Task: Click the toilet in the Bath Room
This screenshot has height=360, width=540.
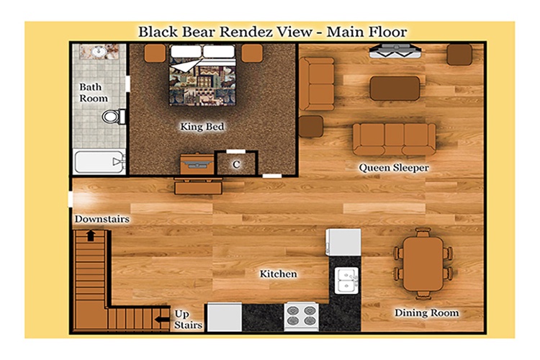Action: pyautogui.click(x=114, y=117)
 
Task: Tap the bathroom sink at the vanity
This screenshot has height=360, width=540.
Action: pyautogui.click(x=99, y=52)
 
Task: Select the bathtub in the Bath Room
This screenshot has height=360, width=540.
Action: pyautogui.click(x=99, y=162)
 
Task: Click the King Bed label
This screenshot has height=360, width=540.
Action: pyautogui.click(x=202, y=127)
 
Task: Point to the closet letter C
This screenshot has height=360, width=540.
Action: pyautogui.click(x=236, y=165)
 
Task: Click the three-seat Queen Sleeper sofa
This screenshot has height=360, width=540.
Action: pyautogui.click(x=394, y=139)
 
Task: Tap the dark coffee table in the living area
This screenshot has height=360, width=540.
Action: pyautogui.click(x=395, y=88)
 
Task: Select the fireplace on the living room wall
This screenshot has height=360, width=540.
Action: pyautogui.click(x=395, y=51)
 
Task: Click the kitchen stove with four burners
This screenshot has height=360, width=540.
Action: pyautogui.click(x=302, y=317)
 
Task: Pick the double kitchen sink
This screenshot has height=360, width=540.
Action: pyautogui.click(x=346, y=281)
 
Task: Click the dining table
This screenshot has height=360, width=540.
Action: pyautogui.click(x=423, y=264)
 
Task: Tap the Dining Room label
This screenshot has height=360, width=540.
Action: pyautogui.click(x=426, y=312)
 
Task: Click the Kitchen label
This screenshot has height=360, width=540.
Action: pyautogui.click(x=278, y=274)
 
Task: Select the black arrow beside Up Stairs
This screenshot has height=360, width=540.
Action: pyautogui.click(x=162, y=320)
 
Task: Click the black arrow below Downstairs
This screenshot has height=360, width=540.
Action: pyautogui.click(x=91, y=235)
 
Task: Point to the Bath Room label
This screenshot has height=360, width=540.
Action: pyautogui.click(x=94, y=93)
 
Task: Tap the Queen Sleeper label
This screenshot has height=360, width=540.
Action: pyautogui.click(x=394, y=168)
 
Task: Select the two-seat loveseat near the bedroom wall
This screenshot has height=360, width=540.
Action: pyautogui.click(x=317, y=84)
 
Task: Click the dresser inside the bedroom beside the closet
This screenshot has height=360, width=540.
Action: pyautogui.click(x=197, y=164)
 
